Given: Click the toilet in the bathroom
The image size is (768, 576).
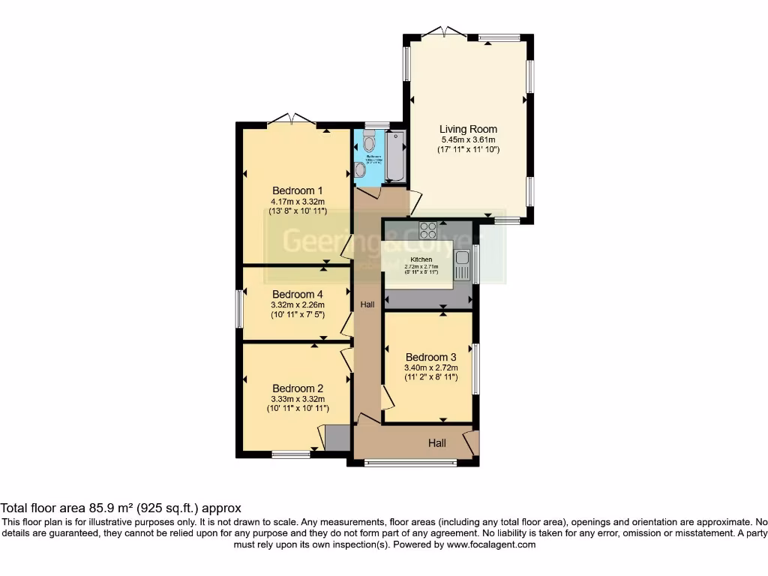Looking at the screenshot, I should [x=368, y=141].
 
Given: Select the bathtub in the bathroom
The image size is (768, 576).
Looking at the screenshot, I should [x=394, y=156].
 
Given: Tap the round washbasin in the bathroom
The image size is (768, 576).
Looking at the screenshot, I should [x=360, y=170].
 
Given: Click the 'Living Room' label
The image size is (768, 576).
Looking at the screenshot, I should [x=468, y=129].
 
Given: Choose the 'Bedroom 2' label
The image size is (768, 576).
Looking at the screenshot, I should [x=298, y=388].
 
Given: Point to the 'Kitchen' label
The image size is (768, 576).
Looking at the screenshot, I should [x=420, y=259].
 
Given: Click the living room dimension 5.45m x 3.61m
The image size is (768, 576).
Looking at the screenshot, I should [x=468, y=139].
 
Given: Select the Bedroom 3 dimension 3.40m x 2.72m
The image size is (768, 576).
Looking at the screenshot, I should [x=430, y=367].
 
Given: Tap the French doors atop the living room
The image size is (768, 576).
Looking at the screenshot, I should [x=443, y=32].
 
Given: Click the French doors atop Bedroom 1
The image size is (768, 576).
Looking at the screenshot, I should [x=292, y=118].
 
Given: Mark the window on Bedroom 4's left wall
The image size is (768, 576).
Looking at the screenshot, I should [x=240, y=308].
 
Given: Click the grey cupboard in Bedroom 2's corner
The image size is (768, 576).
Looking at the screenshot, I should [x=337, y=438].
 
